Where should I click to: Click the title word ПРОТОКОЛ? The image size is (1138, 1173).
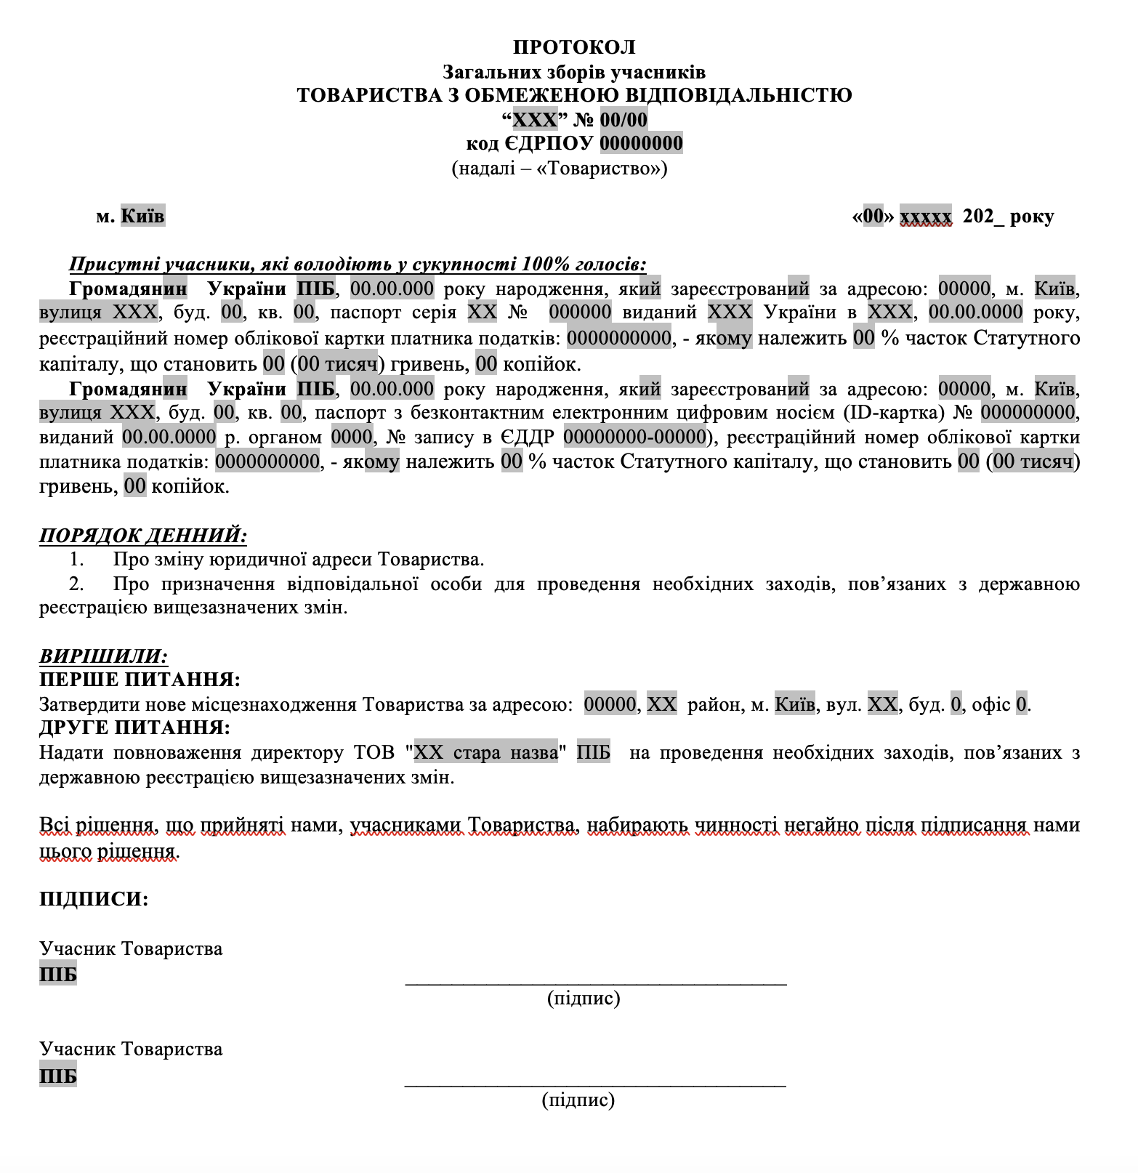point(574,47)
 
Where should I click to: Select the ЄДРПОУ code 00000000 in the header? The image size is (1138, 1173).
point(641,143)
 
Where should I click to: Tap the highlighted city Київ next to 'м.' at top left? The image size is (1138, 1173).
point(142,216)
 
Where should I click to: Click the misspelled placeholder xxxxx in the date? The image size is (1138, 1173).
point(925,216)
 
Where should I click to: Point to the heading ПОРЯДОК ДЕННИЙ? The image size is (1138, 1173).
point(142,536)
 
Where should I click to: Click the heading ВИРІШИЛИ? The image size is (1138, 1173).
point(103,656)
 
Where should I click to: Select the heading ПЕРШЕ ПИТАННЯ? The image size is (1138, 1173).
point(140,680)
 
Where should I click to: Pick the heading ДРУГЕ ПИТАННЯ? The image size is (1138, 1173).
point(134,727)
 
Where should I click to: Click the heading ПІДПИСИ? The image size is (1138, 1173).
point(94,899)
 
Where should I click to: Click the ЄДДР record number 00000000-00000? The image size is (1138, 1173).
point(634,437)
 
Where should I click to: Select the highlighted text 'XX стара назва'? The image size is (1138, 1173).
point(485,752)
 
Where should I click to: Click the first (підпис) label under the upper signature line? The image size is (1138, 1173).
point(584,998)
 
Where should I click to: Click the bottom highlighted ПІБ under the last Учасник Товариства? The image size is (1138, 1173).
point(58,1076)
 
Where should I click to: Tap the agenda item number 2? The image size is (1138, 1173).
point(76,584)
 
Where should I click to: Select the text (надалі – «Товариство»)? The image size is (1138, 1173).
point(559,168)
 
